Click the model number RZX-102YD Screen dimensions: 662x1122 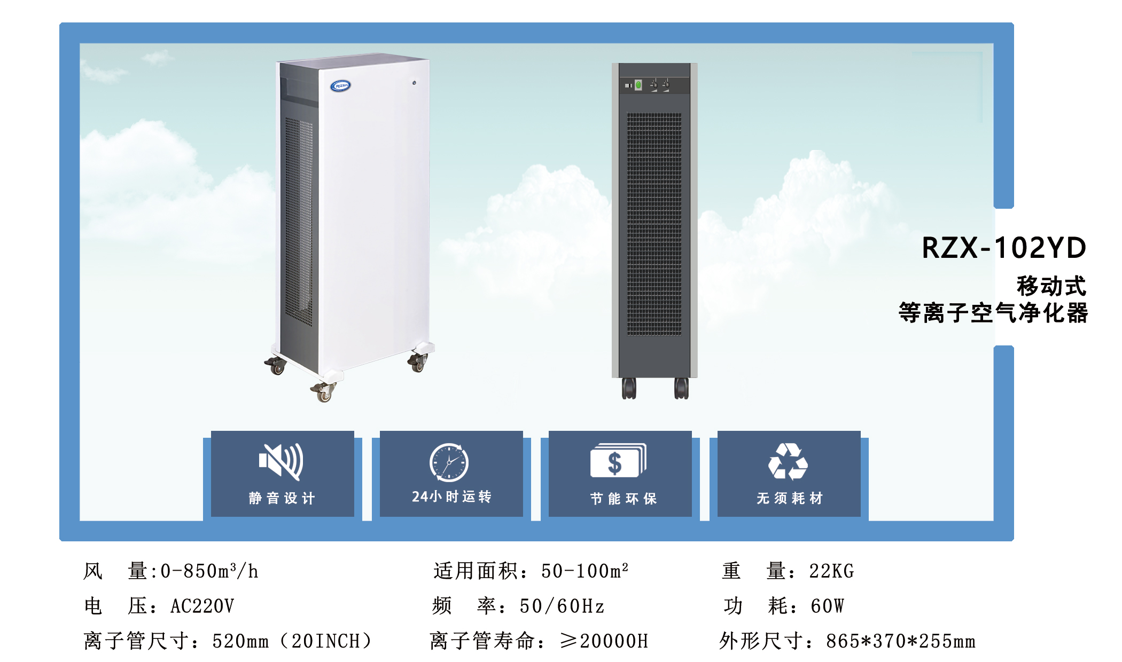[x=1004, y=248]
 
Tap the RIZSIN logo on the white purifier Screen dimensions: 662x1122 [x=340, y=85]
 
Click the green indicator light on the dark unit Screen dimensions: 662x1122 [x=638, y=85]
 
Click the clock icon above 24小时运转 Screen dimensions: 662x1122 [x=449, y=462]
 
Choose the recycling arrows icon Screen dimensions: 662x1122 [x=788, y=462]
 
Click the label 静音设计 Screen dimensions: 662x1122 [x=282, y=498]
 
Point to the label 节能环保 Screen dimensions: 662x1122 [x=623, y=498]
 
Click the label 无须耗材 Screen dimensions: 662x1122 [x=789, y=498]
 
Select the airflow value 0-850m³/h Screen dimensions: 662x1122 [x=209, y=571]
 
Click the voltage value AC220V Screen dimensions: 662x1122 [x=202, y=606]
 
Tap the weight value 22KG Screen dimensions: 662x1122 [x=831, y=571]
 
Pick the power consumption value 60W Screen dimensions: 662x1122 [x=827, y=606]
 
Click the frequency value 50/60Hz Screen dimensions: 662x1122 [x=562, y=606]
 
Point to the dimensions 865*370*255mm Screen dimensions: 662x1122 [x=900, y=641]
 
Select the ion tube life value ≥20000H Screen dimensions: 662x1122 [x=604, y=641]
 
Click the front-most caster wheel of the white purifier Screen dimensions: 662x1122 [x=323, y=393]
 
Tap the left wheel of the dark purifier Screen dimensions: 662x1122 [x=629, y=388]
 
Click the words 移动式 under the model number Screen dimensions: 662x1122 [x=1051, y=286]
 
